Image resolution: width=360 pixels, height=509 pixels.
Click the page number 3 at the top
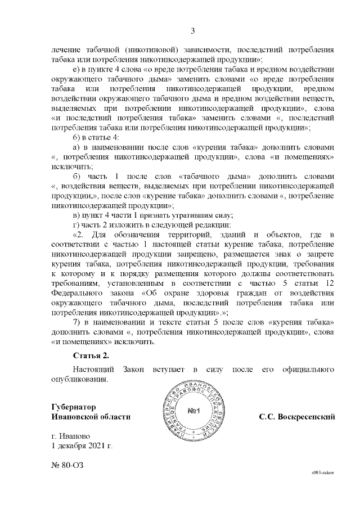(192, 30)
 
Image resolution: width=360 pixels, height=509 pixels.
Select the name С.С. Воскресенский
(297, 417)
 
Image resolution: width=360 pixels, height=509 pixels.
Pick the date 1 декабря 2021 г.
(82, 446)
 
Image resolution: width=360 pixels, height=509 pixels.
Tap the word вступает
(166, 370)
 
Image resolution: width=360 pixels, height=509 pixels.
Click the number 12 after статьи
(331, 283)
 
